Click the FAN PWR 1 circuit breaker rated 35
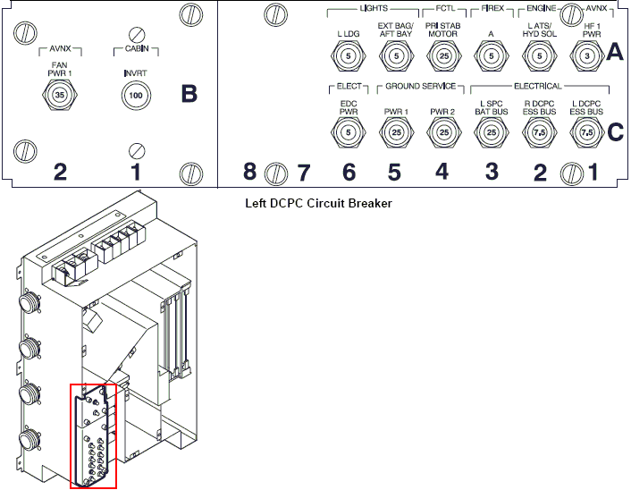(x=59, y=94)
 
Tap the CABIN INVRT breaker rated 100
(x=137, y=94)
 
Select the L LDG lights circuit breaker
(x=349, y=55)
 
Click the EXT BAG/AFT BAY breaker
(x=395, y=55)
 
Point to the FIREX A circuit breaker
(x=490, y=55)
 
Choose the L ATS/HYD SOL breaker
(x=538, y=55)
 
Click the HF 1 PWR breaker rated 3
(x=586, y=55)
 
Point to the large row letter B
(x=189, y=94)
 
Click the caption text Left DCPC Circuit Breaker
(x=318, y=203)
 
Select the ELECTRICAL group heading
(x=538, y=87)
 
